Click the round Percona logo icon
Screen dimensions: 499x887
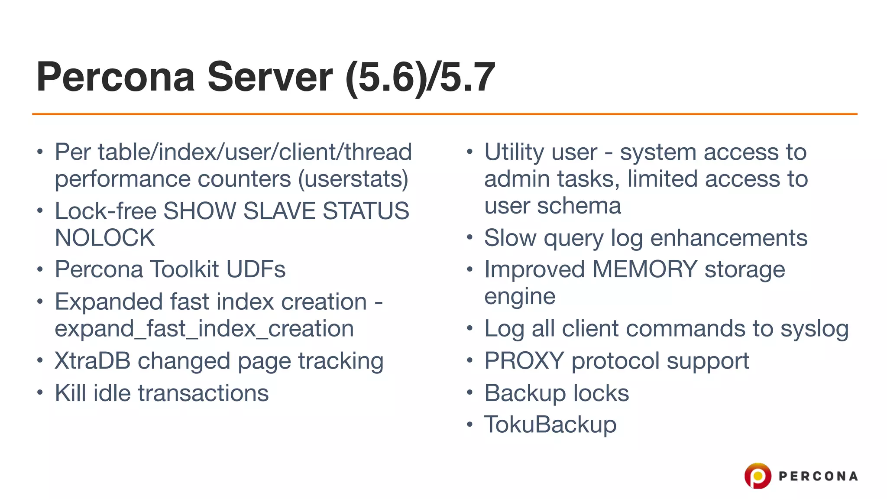758,476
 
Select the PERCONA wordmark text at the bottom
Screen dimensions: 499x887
818,476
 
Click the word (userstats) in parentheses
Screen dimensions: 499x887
353,179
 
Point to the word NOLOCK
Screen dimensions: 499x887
105,238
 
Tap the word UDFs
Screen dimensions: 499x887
256,269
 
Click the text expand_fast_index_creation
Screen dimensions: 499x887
204,328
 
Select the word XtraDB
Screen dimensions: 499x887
92,361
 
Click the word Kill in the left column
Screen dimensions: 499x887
70,393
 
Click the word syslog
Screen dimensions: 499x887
814,328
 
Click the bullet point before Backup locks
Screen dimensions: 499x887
469,393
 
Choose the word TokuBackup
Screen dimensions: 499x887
550,424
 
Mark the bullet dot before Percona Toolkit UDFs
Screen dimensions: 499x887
40,269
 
